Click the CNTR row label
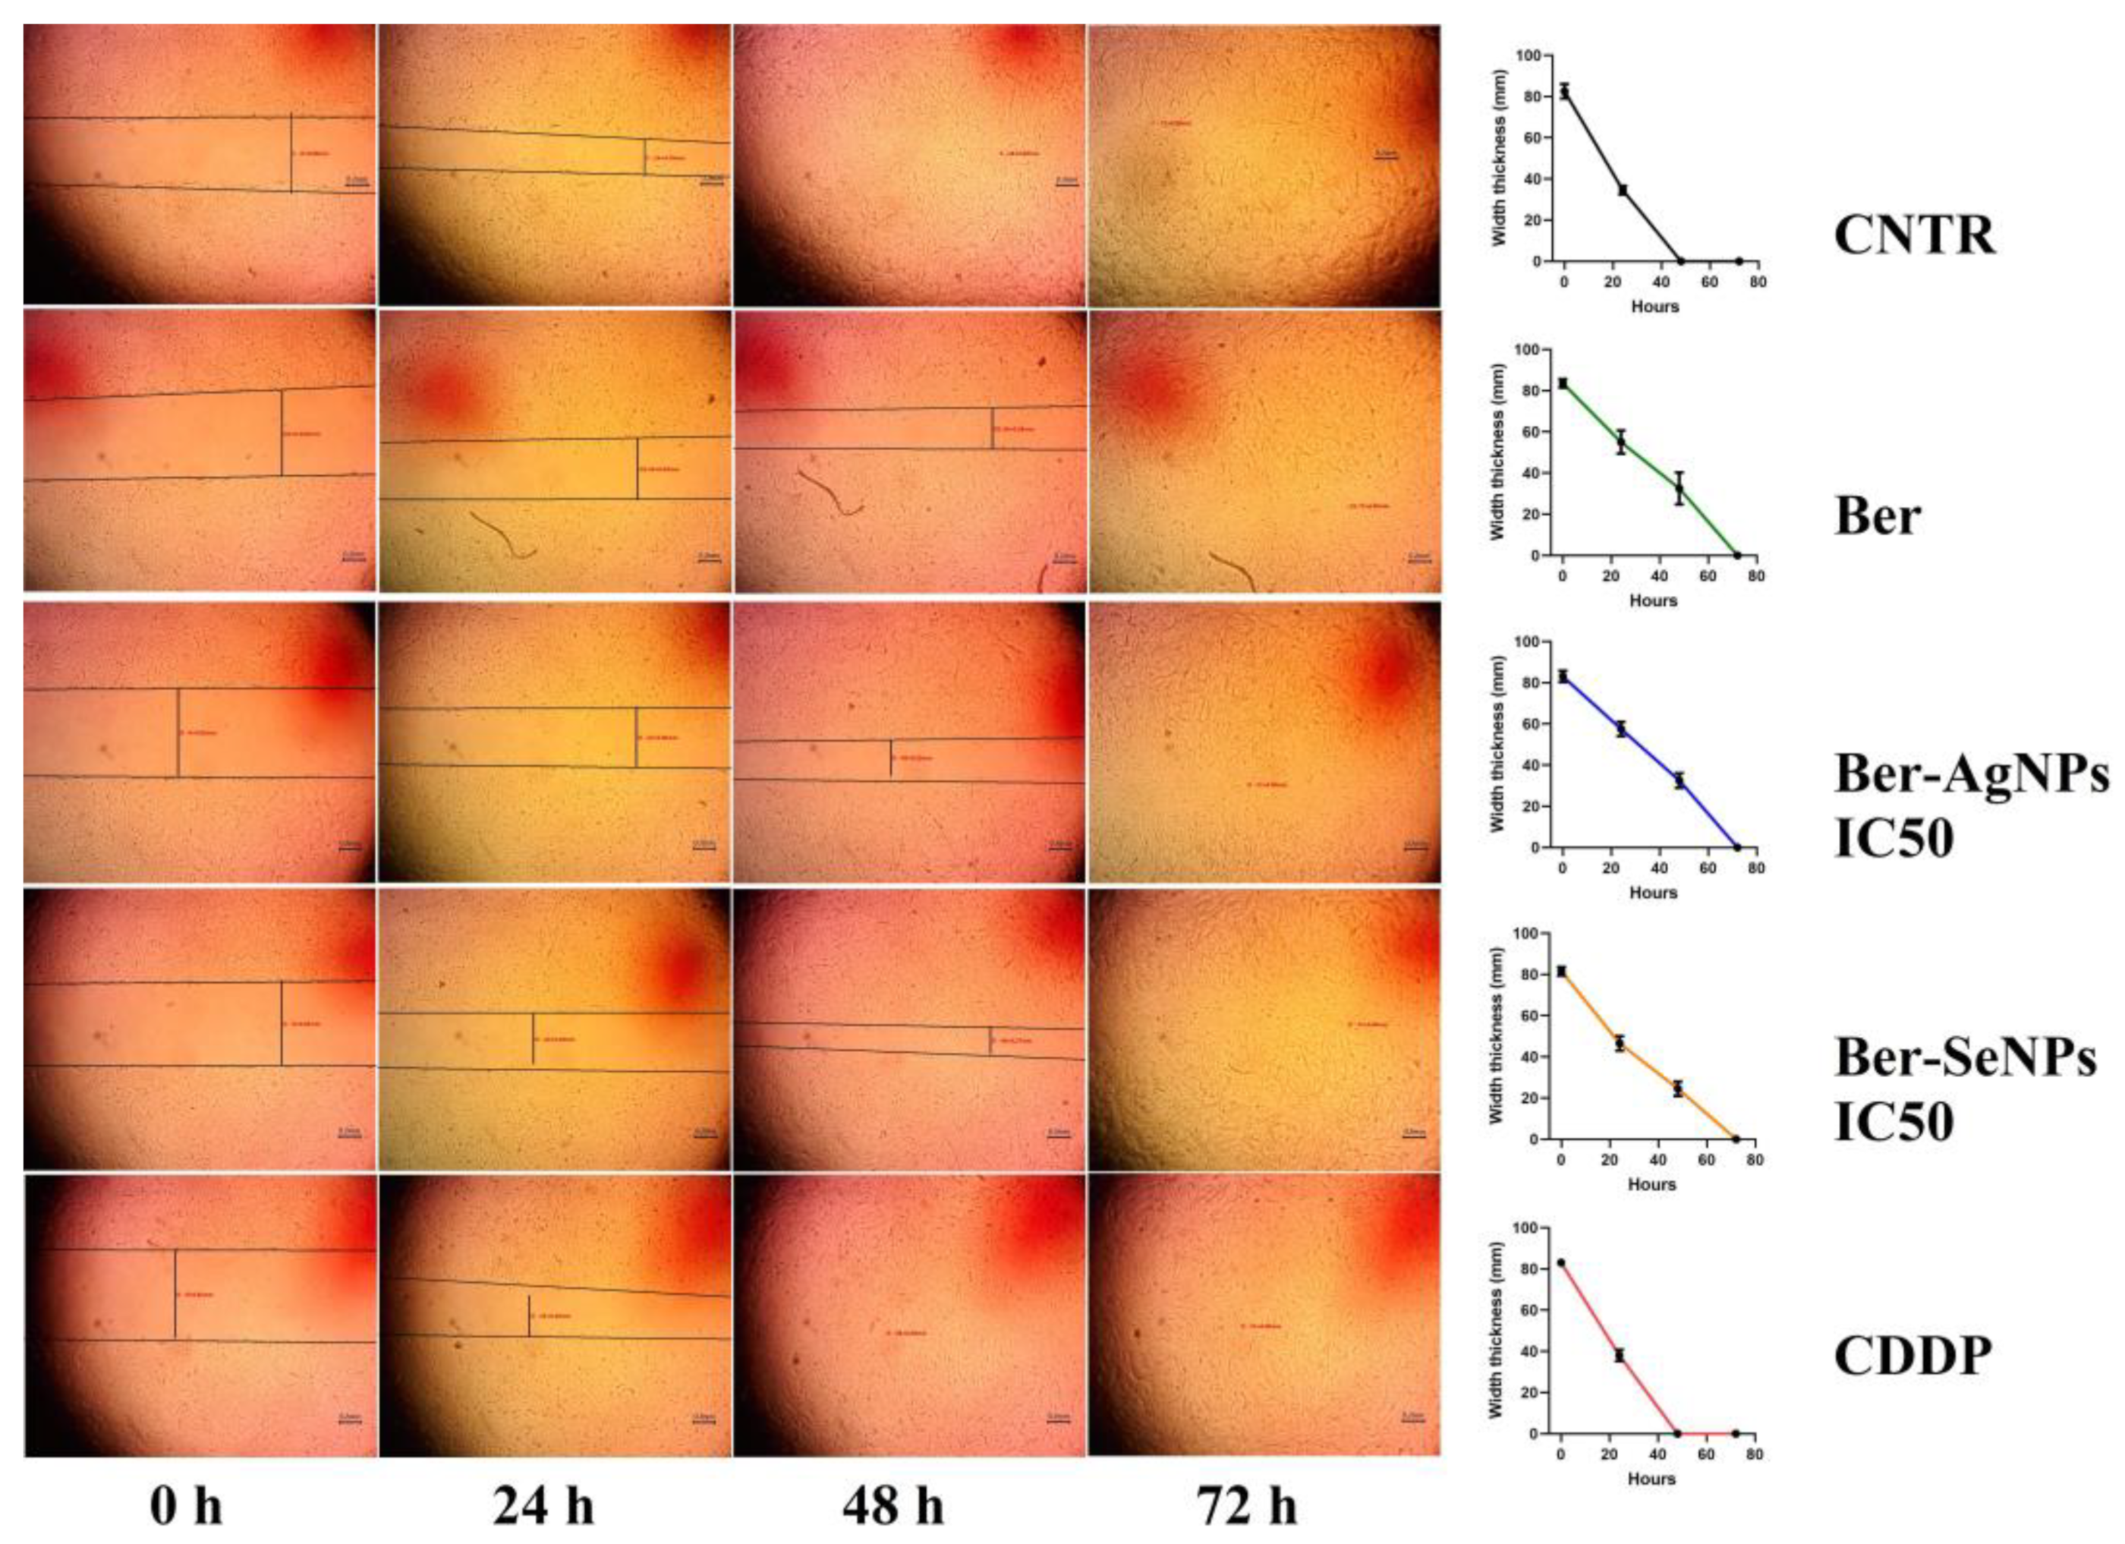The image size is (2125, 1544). pos(1913,236)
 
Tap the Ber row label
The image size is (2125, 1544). pos(1877,516)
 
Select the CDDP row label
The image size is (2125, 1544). pos(1912,1357)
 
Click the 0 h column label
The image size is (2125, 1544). pos(187,1508)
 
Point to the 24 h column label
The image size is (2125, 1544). pos(543,1508)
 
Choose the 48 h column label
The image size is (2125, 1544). pos(893,1508)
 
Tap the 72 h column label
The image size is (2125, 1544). pos(1246,1508)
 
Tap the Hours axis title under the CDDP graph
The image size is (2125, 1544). pos(1651,1479)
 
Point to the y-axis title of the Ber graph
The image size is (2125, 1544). pos(1497,452)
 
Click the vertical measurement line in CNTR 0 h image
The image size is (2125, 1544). pos(291,153)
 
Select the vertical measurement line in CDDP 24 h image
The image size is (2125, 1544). pos(530,1316)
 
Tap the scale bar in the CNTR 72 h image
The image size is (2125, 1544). pos(1385,157)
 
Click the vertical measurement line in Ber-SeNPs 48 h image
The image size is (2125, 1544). pos(990,1040)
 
